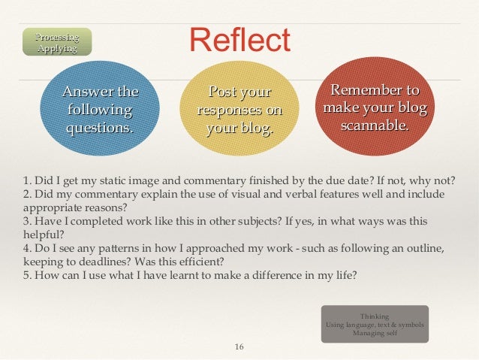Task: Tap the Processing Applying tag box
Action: tap(58, 42)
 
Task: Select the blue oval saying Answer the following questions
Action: tap(101, 110)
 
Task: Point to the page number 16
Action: tap(239, 346)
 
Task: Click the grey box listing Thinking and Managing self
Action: tap(375, 324)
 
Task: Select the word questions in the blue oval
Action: tap(101, 128)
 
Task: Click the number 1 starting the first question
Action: tap(26, 181)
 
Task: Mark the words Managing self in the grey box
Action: tap(375, 333)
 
